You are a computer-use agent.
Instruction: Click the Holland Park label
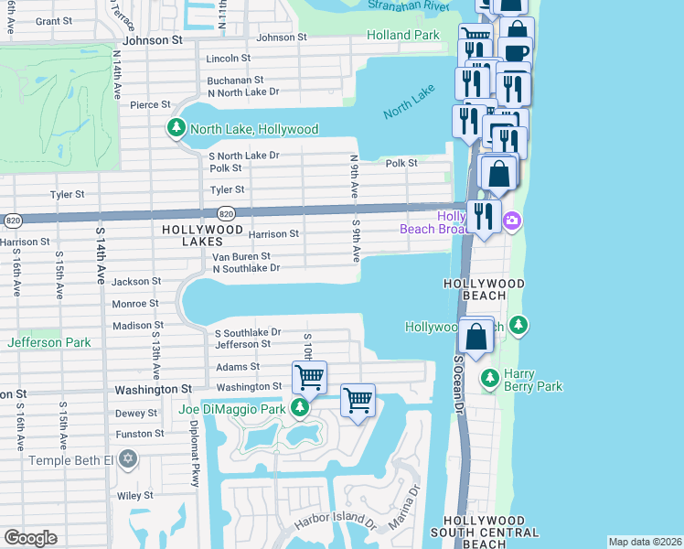(403, 36)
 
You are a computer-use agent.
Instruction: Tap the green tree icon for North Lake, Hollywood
(176, 129)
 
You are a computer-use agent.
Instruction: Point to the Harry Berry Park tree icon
(490, 377)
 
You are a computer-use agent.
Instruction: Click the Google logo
(30, 538)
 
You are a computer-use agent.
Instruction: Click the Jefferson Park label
(48, 342)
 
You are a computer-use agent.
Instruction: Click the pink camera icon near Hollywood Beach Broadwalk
(513, 221)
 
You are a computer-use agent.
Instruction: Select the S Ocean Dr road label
(459, 384)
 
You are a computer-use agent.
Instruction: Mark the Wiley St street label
(134, 496)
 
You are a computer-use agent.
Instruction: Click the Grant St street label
(53, 20)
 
